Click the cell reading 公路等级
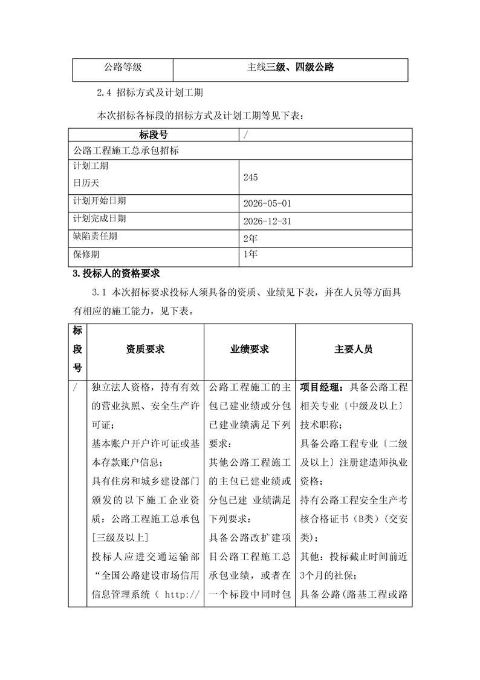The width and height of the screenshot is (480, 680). [x=123, y=68]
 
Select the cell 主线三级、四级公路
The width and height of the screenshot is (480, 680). [x=290, y=68]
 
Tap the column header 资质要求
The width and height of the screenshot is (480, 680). [x=145, y=350]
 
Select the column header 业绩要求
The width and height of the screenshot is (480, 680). [x=250, y=350]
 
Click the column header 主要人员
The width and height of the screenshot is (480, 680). [x=354, y=350]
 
